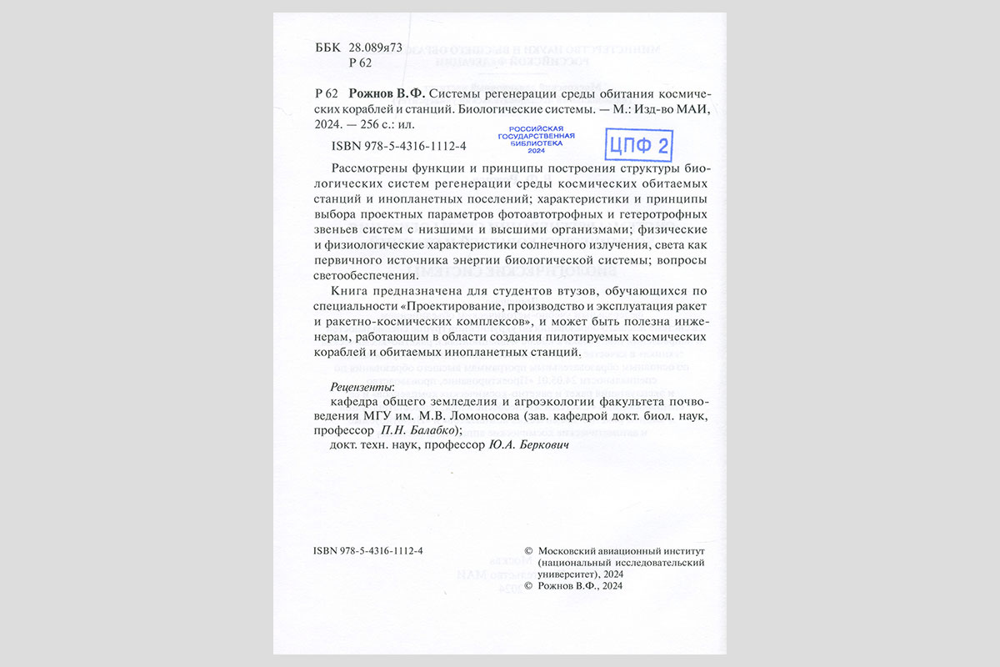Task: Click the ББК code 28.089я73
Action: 376,48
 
